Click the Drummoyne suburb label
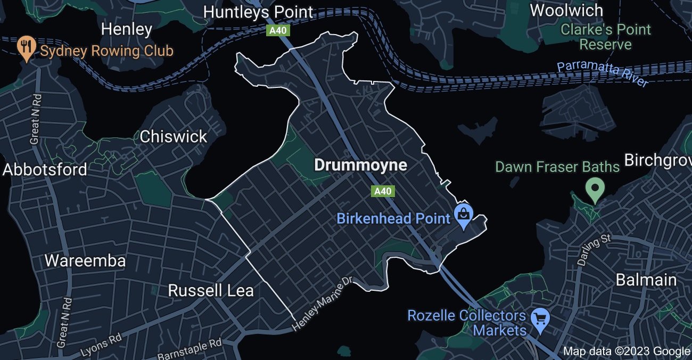360,165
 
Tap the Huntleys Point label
259,12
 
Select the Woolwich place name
566,10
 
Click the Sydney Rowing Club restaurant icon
26,47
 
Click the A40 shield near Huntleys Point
277,30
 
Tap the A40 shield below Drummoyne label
383,191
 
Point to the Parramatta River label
603,74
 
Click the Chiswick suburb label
173,137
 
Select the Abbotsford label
45,170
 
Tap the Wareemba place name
85,261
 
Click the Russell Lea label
211,291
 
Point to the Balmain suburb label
646,280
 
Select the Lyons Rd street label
102,345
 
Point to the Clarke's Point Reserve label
605,37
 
